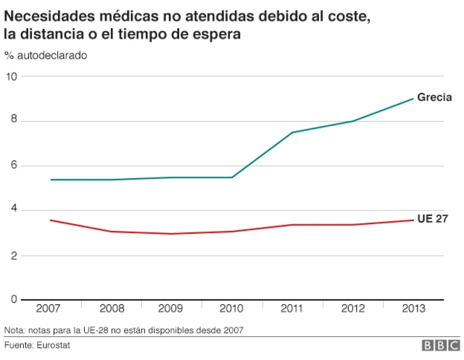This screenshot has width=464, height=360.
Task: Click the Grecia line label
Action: point(434,97)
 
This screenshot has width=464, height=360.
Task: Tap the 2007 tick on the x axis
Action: point(49,309)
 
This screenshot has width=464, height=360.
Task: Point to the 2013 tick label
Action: point(414,309)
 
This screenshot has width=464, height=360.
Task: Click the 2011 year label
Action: point(292,309)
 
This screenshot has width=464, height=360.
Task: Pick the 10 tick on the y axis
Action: point(10,76)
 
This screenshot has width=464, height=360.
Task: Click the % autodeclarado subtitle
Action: point(46,56)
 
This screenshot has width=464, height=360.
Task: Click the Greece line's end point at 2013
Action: point(413,99)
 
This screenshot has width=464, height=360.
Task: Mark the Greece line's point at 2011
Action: point(292,133)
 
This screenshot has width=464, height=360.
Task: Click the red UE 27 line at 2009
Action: point(171,234)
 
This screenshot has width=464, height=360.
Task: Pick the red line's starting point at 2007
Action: point(49,220)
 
